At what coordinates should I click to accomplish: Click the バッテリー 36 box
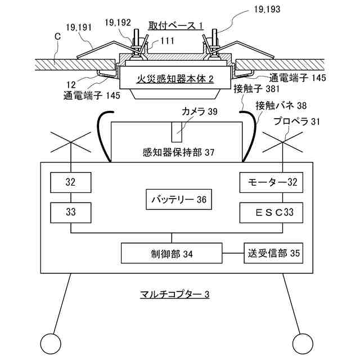coord(179,199)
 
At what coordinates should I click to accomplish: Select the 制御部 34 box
coord(172,253)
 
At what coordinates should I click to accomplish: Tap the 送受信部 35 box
coord(273,253)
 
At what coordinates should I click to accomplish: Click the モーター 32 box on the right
coord(271,182)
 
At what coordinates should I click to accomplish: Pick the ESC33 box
coord(271,213)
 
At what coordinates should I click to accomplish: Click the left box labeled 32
coord(71,182)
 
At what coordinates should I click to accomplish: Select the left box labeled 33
coord(71,213)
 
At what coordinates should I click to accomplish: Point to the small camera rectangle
coord(177,132)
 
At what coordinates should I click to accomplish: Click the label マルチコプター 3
coord(174,294)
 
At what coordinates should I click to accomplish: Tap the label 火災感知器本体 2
coord(175,79)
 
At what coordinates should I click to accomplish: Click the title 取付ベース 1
coord(175,26)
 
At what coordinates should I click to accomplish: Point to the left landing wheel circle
coord(51,344)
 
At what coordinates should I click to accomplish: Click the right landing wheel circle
coord(303,344)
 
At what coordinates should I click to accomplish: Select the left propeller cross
coord(71,142)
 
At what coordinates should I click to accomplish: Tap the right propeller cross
coord(282,142)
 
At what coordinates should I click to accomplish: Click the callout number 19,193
coord(267,9)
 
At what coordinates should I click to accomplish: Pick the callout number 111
coord(167,41)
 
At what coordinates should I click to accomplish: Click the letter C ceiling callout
coord(57,37)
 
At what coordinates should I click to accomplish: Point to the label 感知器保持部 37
coord(178,152)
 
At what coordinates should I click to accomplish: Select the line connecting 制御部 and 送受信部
coord(233,253)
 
